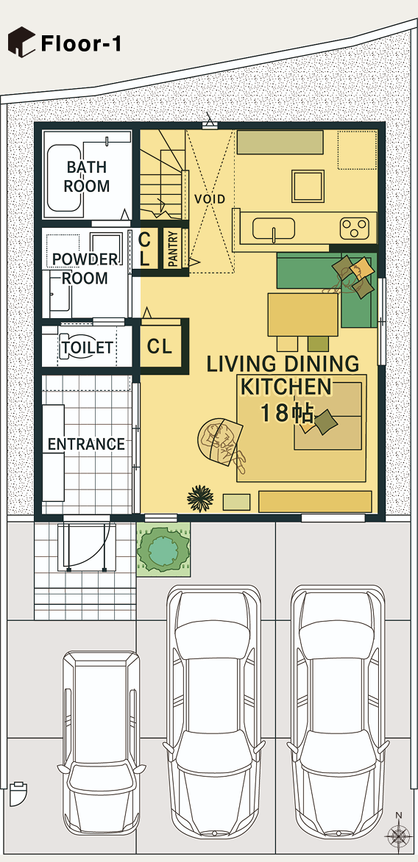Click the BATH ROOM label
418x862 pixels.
click(x=86, y=176)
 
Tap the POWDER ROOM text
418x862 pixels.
click(x=85, y=268)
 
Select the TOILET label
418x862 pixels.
click(x=87, y=348)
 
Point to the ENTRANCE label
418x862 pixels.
click(x=86, y=444)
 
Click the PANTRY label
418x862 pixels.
click(x=173, y=249)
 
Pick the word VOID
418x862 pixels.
click(x=210, y=198)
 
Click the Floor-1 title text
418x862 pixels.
click(x=81, y=43)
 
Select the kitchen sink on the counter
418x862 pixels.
click(x=274, y=229)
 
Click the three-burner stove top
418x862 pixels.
click(x=354, y=229)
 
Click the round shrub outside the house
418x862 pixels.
click(x=163, y=549)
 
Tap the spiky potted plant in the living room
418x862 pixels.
click(x=200, y=498)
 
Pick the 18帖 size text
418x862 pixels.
click(x=287, y=414)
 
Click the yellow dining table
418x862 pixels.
click(x=303, y=315)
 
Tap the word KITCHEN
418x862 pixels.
click(x=286, y=387)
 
